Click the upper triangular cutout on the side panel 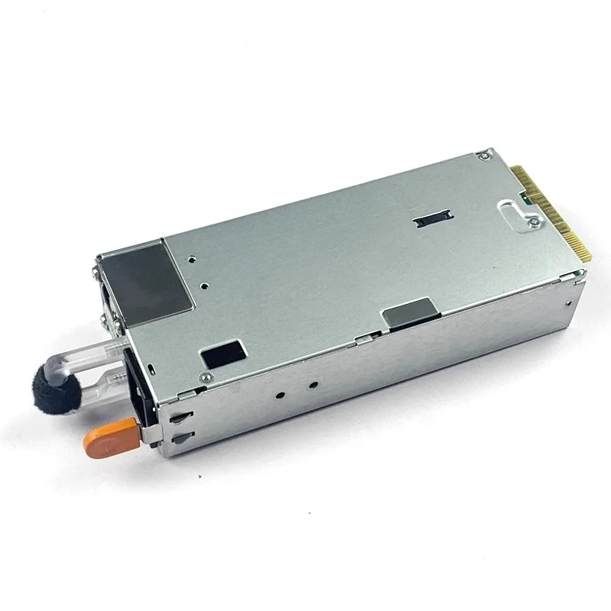tap(180, 419)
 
